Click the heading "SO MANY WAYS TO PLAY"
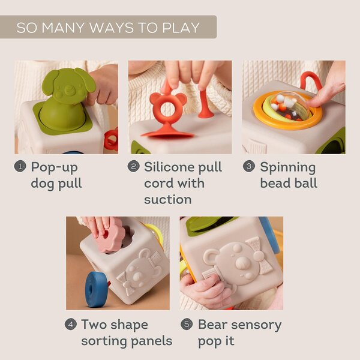coord(108,28)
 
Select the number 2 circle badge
coord(134,167)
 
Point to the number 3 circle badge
coord(248,167)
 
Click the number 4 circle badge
coord(71,325)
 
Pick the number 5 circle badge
coord(187,325)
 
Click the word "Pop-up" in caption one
coord(54,167)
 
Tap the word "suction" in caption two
coord(167,199)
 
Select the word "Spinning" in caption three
coord(287,167)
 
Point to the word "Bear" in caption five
coord(215,325)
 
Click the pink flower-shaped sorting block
coord(111,237)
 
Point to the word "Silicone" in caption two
coord(174,167)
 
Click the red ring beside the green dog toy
coord(111,139)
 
